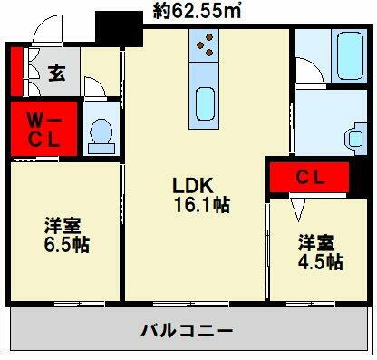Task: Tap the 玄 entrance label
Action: (x=56, y=73)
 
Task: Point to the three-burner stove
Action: (x=206, y=45)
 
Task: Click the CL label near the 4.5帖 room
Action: (x=310, y=178)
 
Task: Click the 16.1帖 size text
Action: (x=203, y=205)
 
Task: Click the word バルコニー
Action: (x=186, y=330)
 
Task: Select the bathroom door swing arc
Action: (x=306, y=73)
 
